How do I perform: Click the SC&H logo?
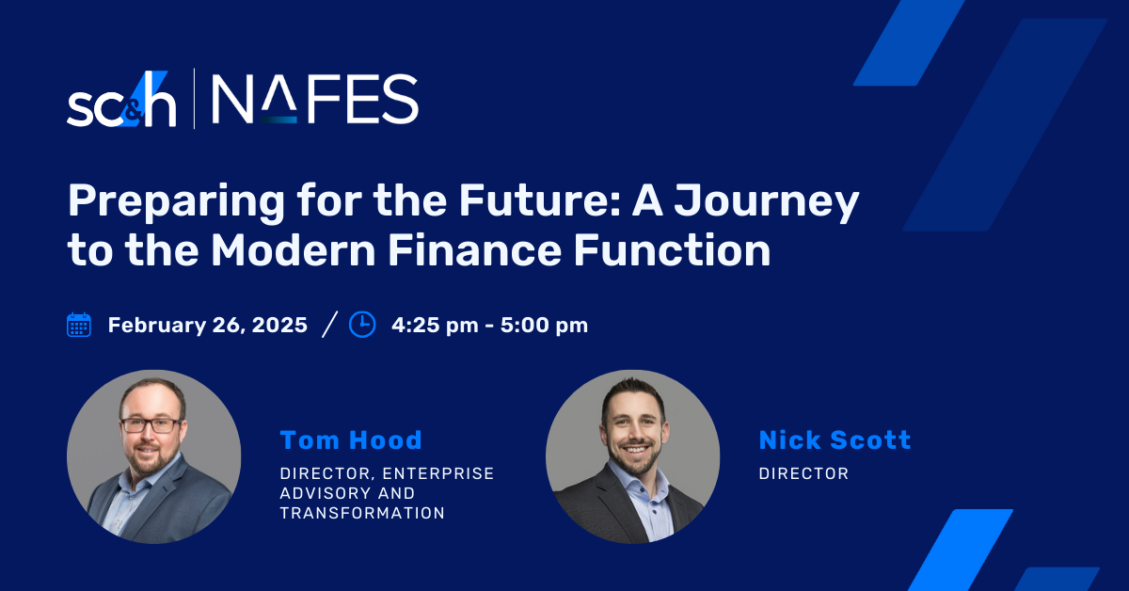(x=121, y=99)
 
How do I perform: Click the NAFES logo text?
(x=314, y=99)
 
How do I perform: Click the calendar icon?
(x=79, y=325)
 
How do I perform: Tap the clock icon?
(x=362, y=325)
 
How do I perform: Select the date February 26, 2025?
(x=208, y=326)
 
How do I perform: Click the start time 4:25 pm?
(x=435, y=326)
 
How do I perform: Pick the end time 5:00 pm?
(x=544, y=326)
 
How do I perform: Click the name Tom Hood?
(x=351, y=439)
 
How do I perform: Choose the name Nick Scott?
(x=835, y=439)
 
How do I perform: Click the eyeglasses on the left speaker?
(x=151, y=425)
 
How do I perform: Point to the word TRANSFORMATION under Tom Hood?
(x=362, y=513)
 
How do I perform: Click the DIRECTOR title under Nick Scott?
(x=803, y=473)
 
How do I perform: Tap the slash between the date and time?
(x=329, y=325)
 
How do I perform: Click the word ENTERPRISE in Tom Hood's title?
(x=438, y=473)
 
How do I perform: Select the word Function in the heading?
(x=673, y=249)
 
